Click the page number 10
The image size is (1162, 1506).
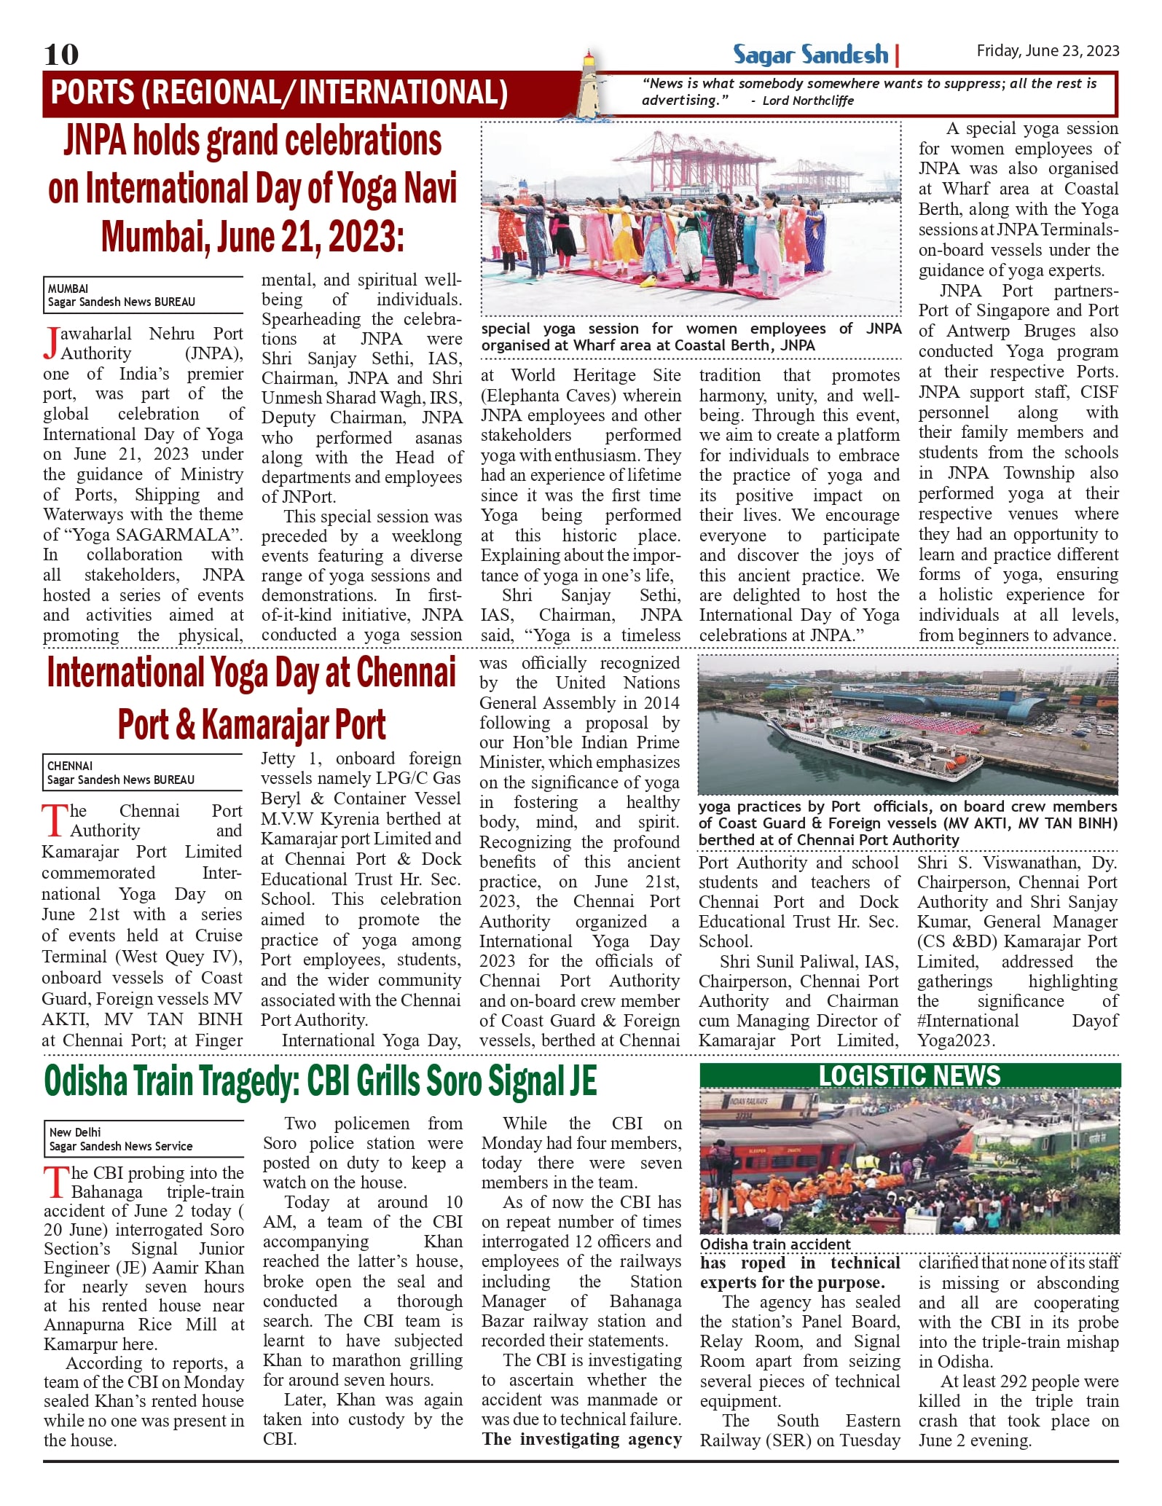[61, 54]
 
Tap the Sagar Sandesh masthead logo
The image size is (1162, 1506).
[810, 55]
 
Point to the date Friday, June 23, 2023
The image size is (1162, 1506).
[1047, 50]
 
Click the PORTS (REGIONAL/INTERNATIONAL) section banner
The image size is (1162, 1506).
[279, 93]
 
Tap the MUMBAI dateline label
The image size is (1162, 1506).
[68, 289]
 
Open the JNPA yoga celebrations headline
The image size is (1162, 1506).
[252, 189]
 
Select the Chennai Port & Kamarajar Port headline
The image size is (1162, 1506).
[251, 698]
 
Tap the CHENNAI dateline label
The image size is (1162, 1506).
[70, 766]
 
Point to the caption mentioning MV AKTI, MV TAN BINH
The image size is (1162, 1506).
[907, 823]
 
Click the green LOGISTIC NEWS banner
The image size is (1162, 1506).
[909, 1076]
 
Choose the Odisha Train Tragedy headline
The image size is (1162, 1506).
[321, 1081]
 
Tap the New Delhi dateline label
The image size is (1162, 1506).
[75, 1132]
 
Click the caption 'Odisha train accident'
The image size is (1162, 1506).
[775, 1244]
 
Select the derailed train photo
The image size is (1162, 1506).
[909, 1162]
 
